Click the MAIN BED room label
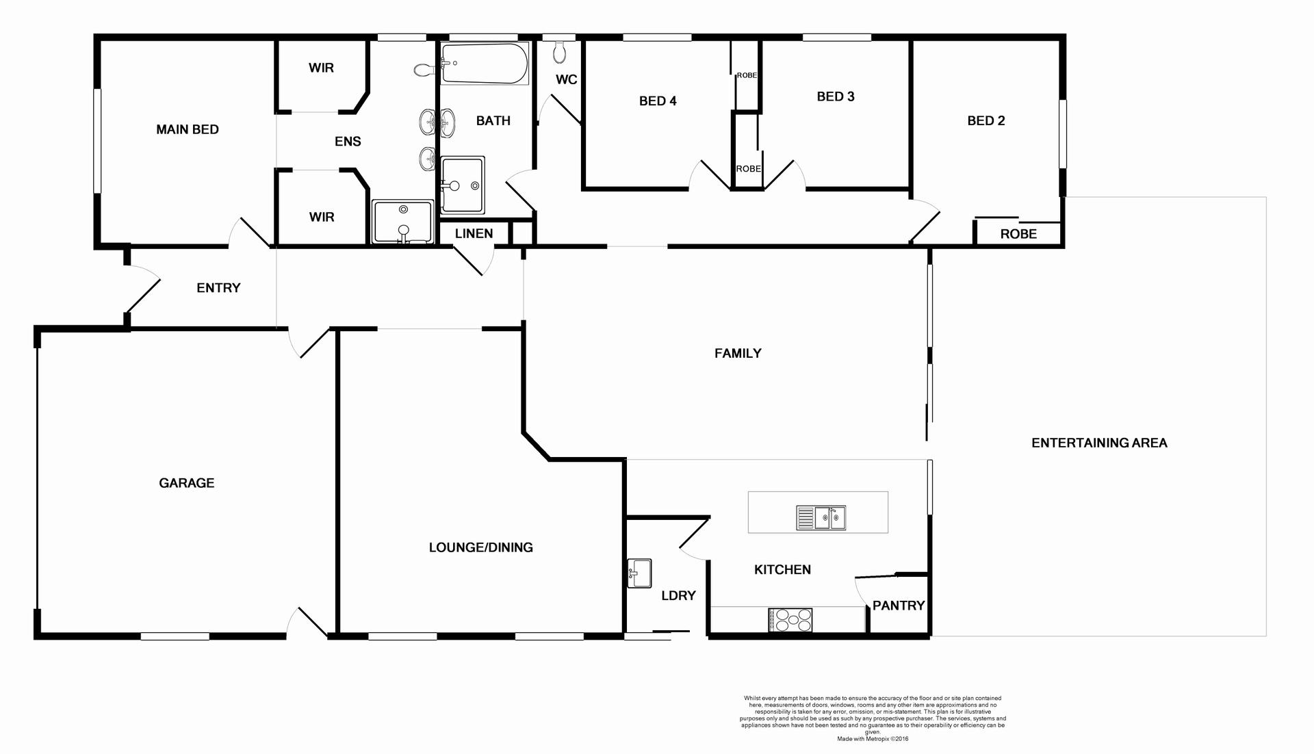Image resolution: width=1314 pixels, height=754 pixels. pos(188,129)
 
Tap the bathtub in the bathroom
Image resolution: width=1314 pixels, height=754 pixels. pos(484,64)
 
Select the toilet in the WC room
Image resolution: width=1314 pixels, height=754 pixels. pos(560,52)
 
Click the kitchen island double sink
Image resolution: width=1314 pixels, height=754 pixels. pos(821,518)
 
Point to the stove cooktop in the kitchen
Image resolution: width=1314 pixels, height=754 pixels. pos(790,620)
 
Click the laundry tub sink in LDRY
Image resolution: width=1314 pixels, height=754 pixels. pos(639,573)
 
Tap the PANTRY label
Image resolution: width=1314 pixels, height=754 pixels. pos(898,606)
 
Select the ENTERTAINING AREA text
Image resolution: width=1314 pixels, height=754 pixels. pos(1099,443)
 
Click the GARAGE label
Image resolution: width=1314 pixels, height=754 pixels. pos(186,483)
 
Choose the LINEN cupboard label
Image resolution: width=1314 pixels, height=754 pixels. pos(474,233)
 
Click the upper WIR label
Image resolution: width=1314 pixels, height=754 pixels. pos(321,68)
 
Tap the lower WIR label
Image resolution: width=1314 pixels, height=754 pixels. pos(321,217)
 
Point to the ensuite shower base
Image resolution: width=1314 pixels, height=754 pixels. pos(402,221)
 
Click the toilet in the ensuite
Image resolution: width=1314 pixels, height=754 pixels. pos(424,69)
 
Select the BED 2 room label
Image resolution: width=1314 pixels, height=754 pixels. pos(985,120)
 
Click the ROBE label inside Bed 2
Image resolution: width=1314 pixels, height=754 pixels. pos(1018,234)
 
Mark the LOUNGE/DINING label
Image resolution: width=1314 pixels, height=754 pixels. pos(480,547)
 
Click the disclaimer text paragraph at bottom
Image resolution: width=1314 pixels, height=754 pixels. pos(873,715)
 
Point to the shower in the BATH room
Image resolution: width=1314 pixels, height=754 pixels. pos(463,185)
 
